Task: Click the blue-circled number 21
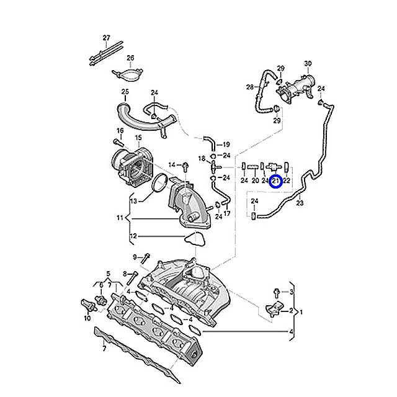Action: point(277,181)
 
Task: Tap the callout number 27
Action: point(106,38)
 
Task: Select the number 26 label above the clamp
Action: point(130,58)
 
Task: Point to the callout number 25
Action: point(125,92)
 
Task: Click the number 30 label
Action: point(308,64)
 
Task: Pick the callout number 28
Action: point(249,86)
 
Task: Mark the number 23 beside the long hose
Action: point(300,202)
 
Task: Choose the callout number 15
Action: point(138,138)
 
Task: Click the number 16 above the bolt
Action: point(120,131)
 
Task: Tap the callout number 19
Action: point(226,144)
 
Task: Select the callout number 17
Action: point(227,213)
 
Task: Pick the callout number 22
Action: point(287,181)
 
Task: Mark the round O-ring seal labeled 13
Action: point(159,184)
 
